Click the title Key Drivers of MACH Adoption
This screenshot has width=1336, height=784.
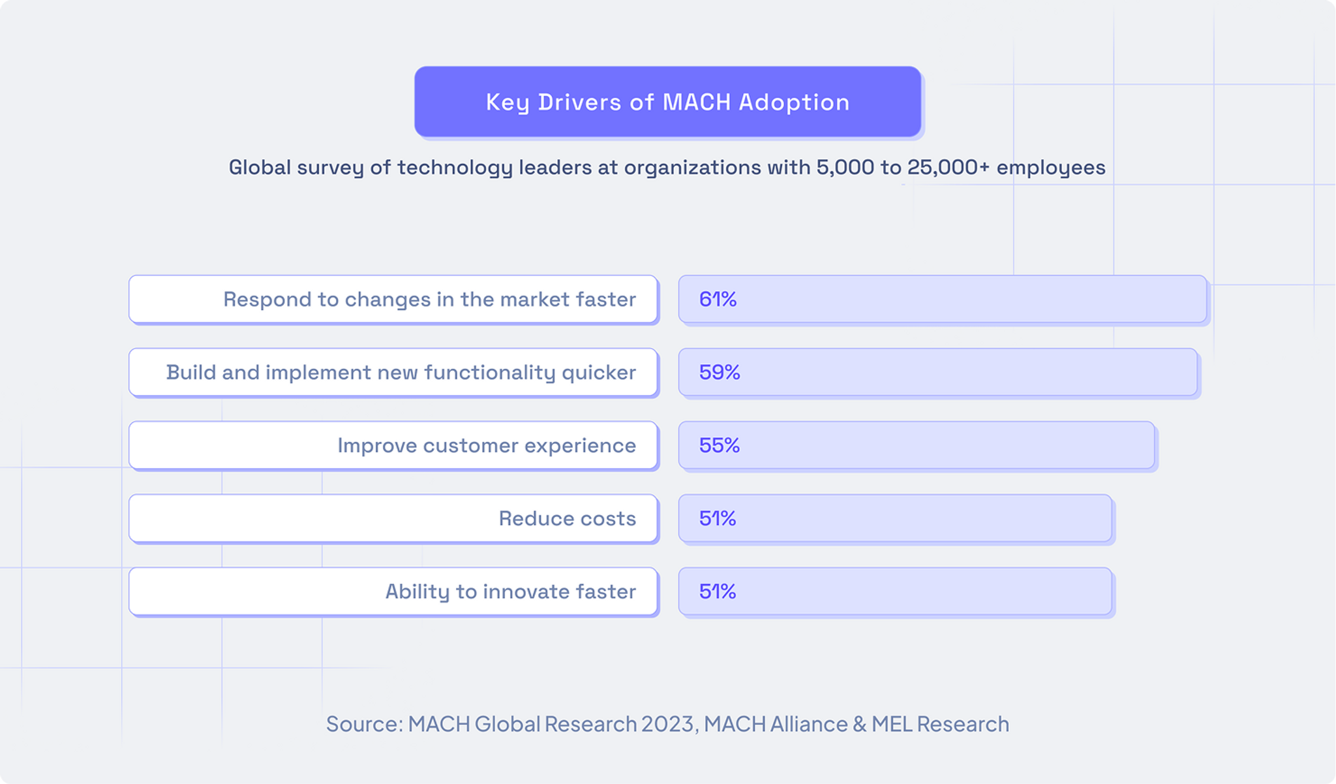[x=667, y=102]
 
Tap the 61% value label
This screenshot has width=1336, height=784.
[x=718, y=300]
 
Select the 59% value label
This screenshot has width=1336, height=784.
[x=720, y=373]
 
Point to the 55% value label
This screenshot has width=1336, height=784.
[x=720, y=446]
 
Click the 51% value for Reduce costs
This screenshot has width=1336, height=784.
[x=718, y=519]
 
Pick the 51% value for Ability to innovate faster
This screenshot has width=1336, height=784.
[x=718, y=592]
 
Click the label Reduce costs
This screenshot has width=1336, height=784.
[x=567, y=519]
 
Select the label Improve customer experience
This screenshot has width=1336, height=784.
[x=486, y=446]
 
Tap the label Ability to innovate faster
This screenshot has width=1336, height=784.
[x=510, y=592]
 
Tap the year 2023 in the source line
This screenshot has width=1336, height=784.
[x=667, y=725]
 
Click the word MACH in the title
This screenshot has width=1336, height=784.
[x=697, y=102]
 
